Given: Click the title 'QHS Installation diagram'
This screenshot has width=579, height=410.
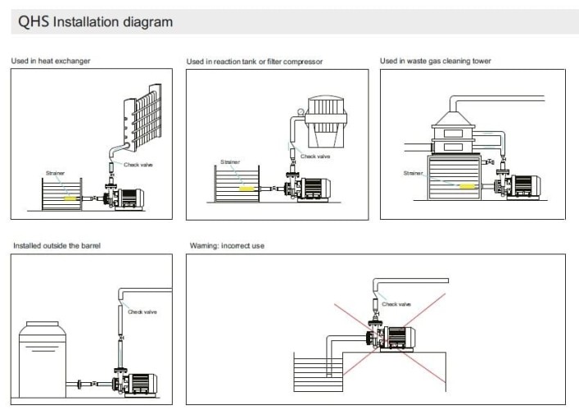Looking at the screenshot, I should [95, 22].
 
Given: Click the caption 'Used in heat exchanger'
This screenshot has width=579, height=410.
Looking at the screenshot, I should [51, 61].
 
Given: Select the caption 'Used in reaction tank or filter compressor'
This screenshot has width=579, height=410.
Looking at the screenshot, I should [254, 61].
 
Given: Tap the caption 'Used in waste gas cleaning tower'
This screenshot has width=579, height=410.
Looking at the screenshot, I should [435, 61].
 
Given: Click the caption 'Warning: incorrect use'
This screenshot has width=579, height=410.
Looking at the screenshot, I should [227, 245].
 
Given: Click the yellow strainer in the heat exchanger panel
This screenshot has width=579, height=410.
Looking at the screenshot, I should [71, 198].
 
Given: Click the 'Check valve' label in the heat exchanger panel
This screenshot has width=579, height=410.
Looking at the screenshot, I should [138, 165].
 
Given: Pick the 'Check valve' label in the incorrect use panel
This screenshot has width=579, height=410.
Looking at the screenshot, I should [396, 303].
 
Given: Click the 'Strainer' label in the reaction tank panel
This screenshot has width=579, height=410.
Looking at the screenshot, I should [230, 162].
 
